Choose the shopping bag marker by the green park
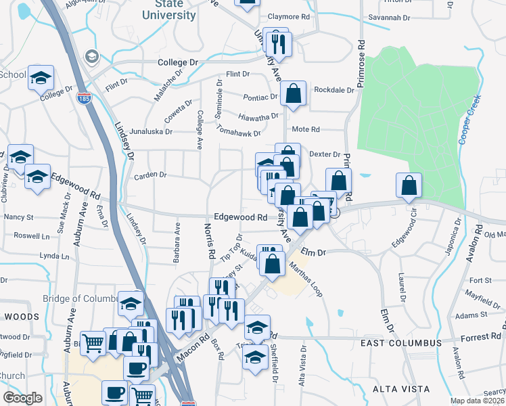(x=409, y=185)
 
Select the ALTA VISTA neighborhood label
(x=400, y=389)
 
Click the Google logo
(x=22, y=398)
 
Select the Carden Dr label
(x=150, y=175)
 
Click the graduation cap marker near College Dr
(x=41, y=78)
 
